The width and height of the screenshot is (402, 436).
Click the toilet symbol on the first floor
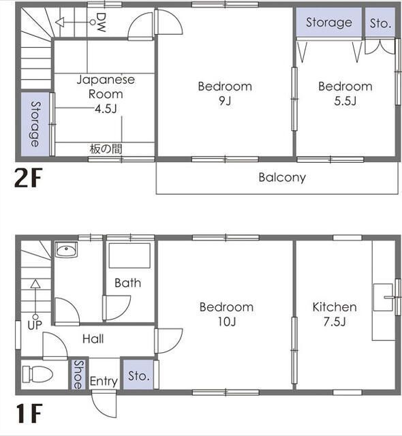tap(37, 374)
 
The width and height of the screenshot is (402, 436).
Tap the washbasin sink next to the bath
tap(67, 249)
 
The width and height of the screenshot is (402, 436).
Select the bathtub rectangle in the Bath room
tap(129, 256)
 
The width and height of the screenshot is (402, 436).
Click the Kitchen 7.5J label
tap(335, 314)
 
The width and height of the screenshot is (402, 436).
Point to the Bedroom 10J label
tap(227, 314)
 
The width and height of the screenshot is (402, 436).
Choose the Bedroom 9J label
tap(225, 93)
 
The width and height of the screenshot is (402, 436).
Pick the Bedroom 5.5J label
tap(345, 93)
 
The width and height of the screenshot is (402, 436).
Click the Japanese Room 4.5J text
tap(106, 94)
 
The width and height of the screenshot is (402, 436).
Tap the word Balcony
tap(282, 178)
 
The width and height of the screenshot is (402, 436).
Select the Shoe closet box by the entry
tap(78, 374)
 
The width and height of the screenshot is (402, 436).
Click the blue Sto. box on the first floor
tap(138, 375)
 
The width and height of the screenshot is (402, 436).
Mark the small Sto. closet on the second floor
tap(380, 22)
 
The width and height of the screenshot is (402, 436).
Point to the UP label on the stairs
tap(35, 325)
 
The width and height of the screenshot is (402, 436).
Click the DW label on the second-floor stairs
tap(101, 22)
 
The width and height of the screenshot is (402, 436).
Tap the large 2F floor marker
tap(28, 177)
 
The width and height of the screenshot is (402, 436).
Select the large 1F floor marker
tap(29, 414)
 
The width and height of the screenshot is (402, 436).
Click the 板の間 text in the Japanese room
tap(106, 149)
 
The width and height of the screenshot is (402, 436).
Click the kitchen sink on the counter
tap(383, 297)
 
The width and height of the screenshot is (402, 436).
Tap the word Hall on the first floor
tap(93, 339)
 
